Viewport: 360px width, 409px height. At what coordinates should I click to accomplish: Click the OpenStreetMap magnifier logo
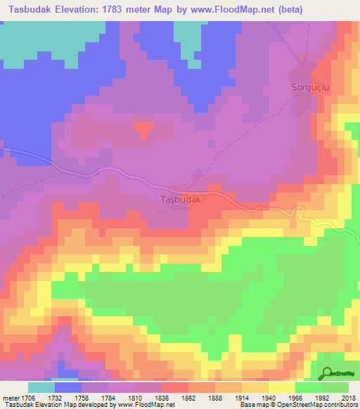point(328,374)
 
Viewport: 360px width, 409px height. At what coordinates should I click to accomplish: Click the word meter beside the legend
point(11,398)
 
